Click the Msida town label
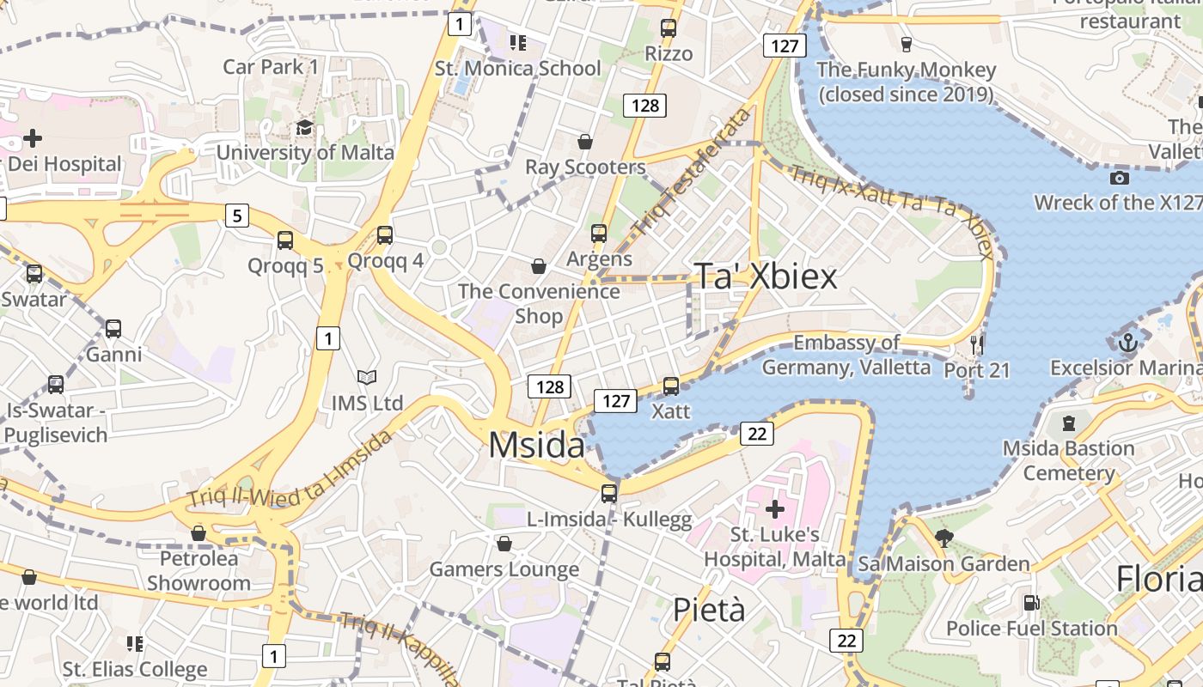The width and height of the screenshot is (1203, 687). click(536, 445)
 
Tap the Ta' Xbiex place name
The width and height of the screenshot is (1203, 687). click(765, 277)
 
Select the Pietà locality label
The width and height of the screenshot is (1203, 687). click(709, 610)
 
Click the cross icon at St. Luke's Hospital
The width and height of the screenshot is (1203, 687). click(775, 509)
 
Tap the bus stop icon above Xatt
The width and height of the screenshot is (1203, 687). click(671, 386)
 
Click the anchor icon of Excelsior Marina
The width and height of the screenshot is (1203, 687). click(1127, 343)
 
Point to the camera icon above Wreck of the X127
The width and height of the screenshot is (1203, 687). click(1119, 178)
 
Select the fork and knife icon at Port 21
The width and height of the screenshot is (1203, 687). click(976, 345)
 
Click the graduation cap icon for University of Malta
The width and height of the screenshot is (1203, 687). click(304, 128)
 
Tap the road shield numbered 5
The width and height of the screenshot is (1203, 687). click(237, 215)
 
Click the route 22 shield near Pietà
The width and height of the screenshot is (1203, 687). click(846, 640)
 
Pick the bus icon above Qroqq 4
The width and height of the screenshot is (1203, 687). click(385, 234)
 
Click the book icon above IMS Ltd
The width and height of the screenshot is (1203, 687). click(367, 377)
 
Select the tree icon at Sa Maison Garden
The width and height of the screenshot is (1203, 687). click(943, 538)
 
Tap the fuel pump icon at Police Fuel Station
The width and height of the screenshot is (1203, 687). click(1031, 603)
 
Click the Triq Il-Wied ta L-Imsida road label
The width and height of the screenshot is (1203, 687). click(290, 469)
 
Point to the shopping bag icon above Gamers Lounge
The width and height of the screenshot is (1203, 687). click(504, 544)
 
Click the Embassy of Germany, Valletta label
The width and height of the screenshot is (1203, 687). click(846, 355)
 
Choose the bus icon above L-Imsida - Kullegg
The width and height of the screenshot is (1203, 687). click(609, 493)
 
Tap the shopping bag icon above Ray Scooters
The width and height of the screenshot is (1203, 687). click(585, 141)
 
